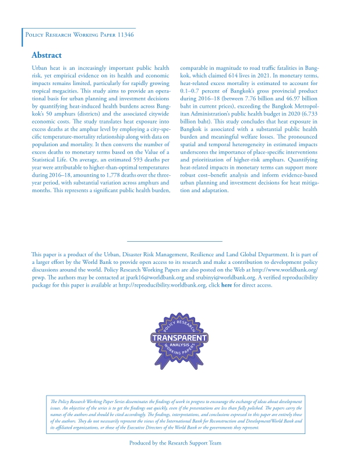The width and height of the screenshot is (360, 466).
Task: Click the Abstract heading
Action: point(47,55)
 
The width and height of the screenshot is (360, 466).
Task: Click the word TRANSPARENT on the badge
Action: point(180,338)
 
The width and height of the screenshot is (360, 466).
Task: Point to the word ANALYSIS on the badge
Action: point(180,346)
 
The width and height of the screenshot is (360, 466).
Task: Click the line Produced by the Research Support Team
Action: point(175,443)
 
